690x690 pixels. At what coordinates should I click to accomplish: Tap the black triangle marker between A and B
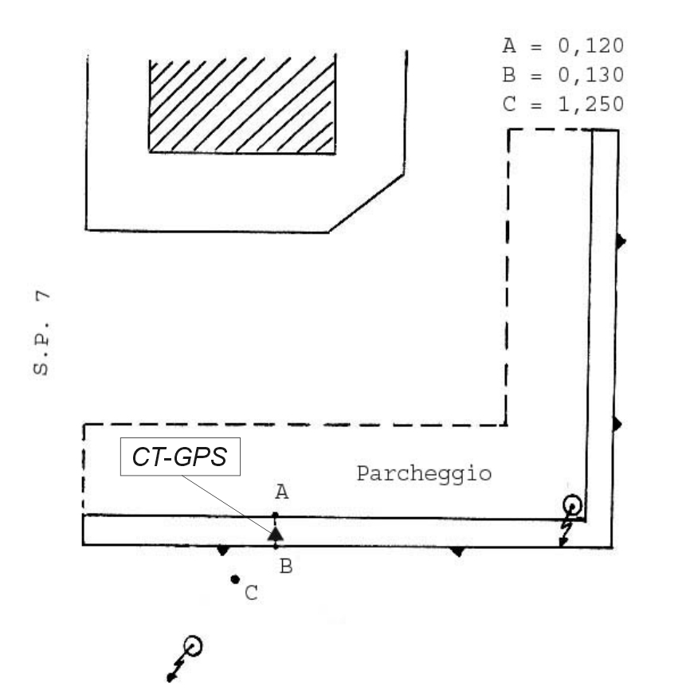pos(276,533)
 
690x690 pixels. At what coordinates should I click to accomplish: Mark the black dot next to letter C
pos(235,579)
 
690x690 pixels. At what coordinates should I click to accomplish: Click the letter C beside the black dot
pos(251,594)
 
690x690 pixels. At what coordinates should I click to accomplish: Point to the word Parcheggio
pos(423,474)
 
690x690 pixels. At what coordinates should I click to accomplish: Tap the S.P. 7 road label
pos(47,333)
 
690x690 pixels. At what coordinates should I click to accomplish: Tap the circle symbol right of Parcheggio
pos(571,504)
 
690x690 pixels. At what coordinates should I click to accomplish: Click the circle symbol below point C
pos(192,645)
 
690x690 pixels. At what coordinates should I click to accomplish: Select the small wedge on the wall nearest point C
pos(223,550)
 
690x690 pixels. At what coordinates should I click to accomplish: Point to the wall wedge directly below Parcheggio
pos(457,550)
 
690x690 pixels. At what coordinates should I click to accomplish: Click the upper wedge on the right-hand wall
pos(620,239)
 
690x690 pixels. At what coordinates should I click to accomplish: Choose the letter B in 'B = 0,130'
pos(509,75)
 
